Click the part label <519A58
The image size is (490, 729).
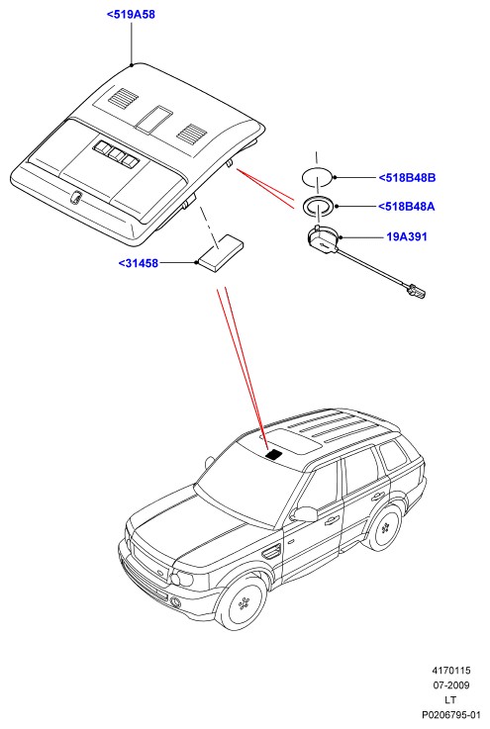(x=131, y=15)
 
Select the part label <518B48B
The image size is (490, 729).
(x=407, y=178)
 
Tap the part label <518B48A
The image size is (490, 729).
(x=406, y=207)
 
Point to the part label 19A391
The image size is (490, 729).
(x=407, y=236)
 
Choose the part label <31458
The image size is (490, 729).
(x=139, y=263)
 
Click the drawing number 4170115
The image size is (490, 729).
(x=451, y=671)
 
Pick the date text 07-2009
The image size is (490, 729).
(x=451, y=685)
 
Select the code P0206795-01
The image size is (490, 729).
(x=451, y=714)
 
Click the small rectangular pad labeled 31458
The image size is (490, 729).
(x=220, y=252)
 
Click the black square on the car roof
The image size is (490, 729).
(x=274, y=454)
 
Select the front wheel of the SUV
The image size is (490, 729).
(x=243, y=603)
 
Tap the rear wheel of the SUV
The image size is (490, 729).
(x=384, y=527)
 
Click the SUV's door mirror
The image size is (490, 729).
(x=304, y=514)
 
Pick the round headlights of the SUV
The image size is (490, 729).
(x=180, y=580)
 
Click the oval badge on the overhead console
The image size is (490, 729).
(x=74, y=198)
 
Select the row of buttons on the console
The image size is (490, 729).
(x=117, y=153)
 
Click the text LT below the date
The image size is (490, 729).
(x=450, y=699)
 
